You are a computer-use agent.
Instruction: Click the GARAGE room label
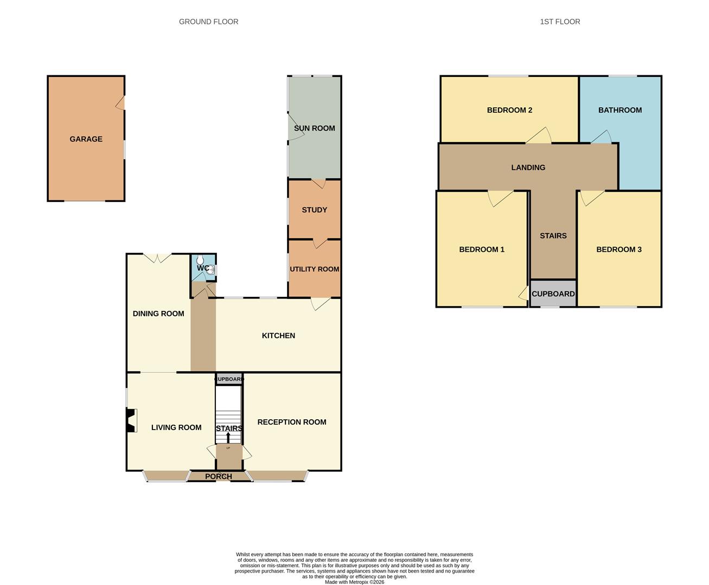(86, 139)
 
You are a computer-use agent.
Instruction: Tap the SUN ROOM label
(314, 128)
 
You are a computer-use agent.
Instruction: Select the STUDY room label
(314, 210)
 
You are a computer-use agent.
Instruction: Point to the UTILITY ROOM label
(314, 269)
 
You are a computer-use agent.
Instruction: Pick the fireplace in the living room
(131, 420)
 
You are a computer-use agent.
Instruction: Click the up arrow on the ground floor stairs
(228, 437)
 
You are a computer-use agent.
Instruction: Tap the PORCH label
(218, 477)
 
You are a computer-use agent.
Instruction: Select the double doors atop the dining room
(157, 258)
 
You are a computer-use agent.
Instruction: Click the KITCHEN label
(278, 336)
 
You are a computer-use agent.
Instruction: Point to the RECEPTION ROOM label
(292, 422)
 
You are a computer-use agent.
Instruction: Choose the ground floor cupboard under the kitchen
(229, 379)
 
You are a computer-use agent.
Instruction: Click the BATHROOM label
(619, 110)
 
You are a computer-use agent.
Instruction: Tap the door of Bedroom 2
(539, 136)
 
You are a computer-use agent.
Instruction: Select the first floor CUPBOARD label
(553, 294)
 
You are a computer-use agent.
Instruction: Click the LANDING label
(528, 167)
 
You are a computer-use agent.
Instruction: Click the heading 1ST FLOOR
(560, 22)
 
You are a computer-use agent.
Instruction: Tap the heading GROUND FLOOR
(208, 22)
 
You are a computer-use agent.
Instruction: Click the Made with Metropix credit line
(354, 582)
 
